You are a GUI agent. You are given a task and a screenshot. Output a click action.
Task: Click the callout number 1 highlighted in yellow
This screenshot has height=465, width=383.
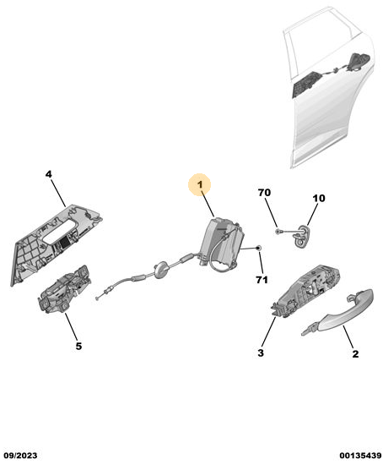pos(200,184)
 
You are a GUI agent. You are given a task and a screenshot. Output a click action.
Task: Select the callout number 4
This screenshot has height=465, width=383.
pos(49,174)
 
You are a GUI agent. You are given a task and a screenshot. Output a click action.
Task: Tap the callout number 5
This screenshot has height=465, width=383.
pos(78,346)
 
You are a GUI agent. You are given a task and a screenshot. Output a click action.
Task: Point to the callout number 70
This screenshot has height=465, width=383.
pos(264,193)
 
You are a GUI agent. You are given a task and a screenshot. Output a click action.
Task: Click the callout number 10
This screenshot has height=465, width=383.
pos(319,198)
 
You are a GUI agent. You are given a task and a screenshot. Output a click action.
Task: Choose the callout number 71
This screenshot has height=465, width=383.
pos(262,280)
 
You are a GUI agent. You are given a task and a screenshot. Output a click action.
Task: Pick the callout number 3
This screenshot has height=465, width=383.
pos(261,353)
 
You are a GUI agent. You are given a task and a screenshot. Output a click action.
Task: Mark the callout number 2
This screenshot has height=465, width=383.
pos(355,353)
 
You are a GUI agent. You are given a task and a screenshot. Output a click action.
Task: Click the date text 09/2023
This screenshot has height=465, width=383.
pos(20,456)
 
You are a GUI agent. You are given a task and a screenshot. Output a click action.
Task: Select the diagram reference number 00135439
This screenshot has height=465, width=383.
pos(360,456)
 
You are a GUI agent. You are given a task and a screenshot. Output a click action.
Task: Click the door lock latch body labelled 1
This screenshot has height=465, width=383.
pos(223,240)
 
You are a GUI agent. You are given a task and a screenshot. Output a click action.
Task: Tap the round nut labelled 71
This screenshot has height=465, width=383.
pos(258,248)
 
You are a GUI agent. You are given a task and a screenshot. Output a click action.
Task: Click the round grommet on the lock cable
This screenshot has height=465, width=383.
pos(160,269)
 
